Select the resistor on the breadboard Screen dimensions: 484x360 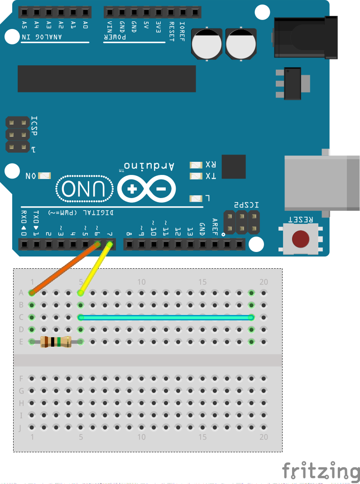56,342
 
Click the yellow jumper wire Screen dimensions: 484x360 95,268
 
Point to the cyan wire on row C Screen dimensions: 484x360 166,317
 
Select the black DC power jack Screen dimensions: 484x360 306,37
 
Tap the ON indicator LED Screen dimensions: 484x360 45,176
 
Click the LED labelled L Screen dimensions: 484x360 196,198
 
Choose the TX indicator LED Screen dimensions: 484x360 196,176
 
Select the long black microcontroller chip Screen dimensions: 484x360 106,78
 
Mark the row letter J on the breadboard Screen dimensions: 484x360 21,427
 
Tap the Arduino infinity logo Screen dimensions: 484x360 147,189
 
